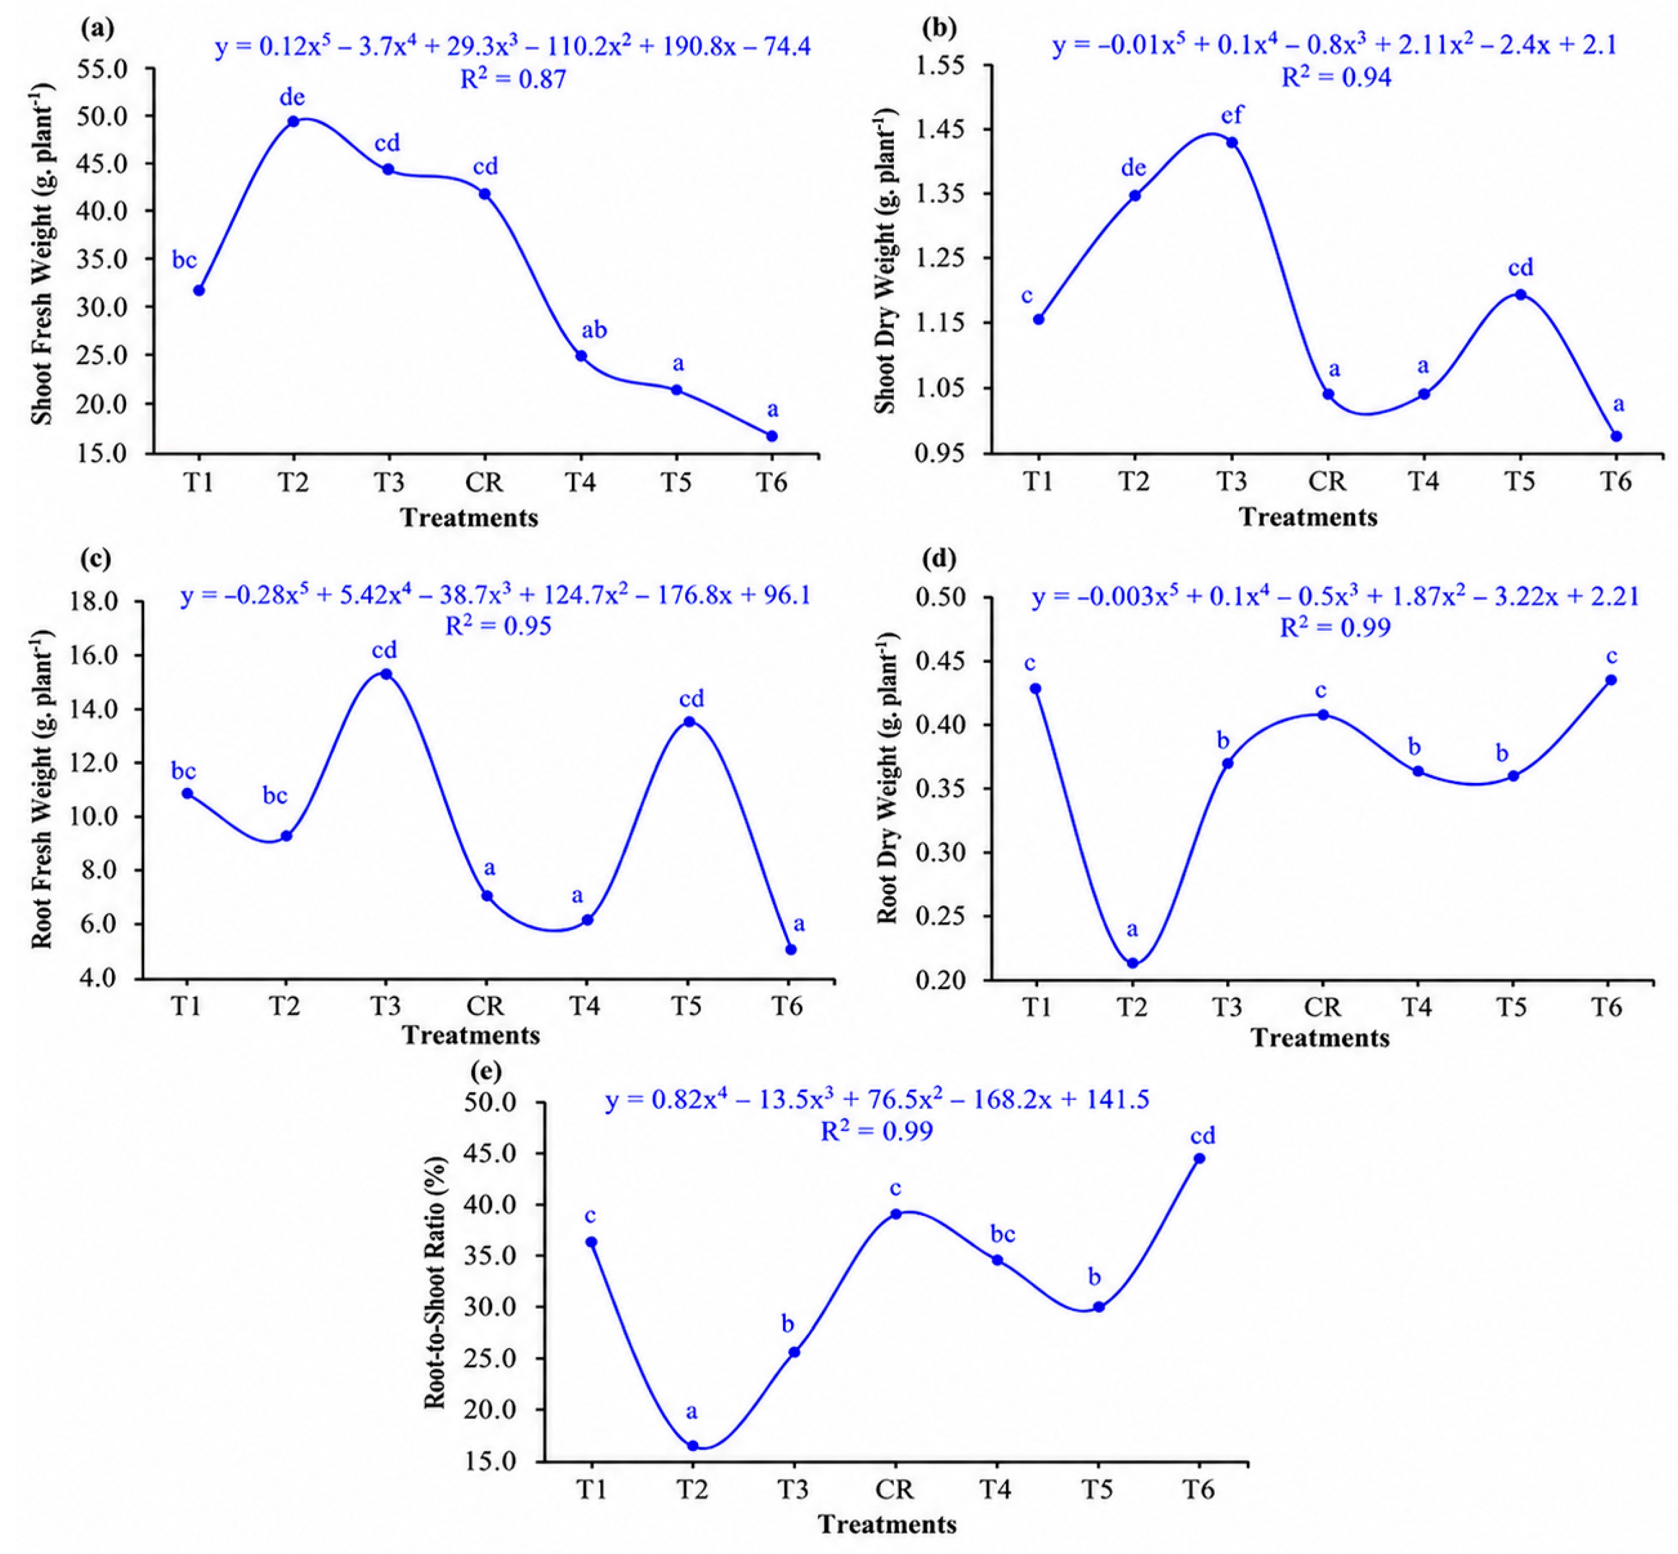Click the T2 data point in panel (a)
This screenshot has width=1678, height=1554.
click(x=293, y=121)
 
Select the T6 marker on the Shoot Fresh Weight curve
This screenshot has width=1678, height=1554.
click(x=772, y=436)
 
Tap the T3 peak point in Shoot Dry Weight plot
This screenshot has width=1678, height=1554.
click(x=1232, y=142)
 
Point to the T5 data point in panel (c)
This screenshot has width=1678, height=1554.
click(x=688, y=722)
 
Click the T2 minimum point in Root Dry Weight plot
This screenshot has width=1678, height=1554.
click(x=1132, y=963)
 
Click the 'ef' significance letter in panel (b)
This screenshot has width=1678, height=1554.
click(x=1232, y=113)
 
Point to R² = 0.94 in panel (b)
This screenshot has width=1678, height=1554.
click(x=1336, y=77)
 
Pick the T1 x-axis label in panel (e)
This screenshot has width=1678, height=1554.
click(x=592, y=1489)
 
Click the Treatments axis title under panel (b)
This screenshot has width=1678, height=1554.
click(x=1308, y=516)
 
